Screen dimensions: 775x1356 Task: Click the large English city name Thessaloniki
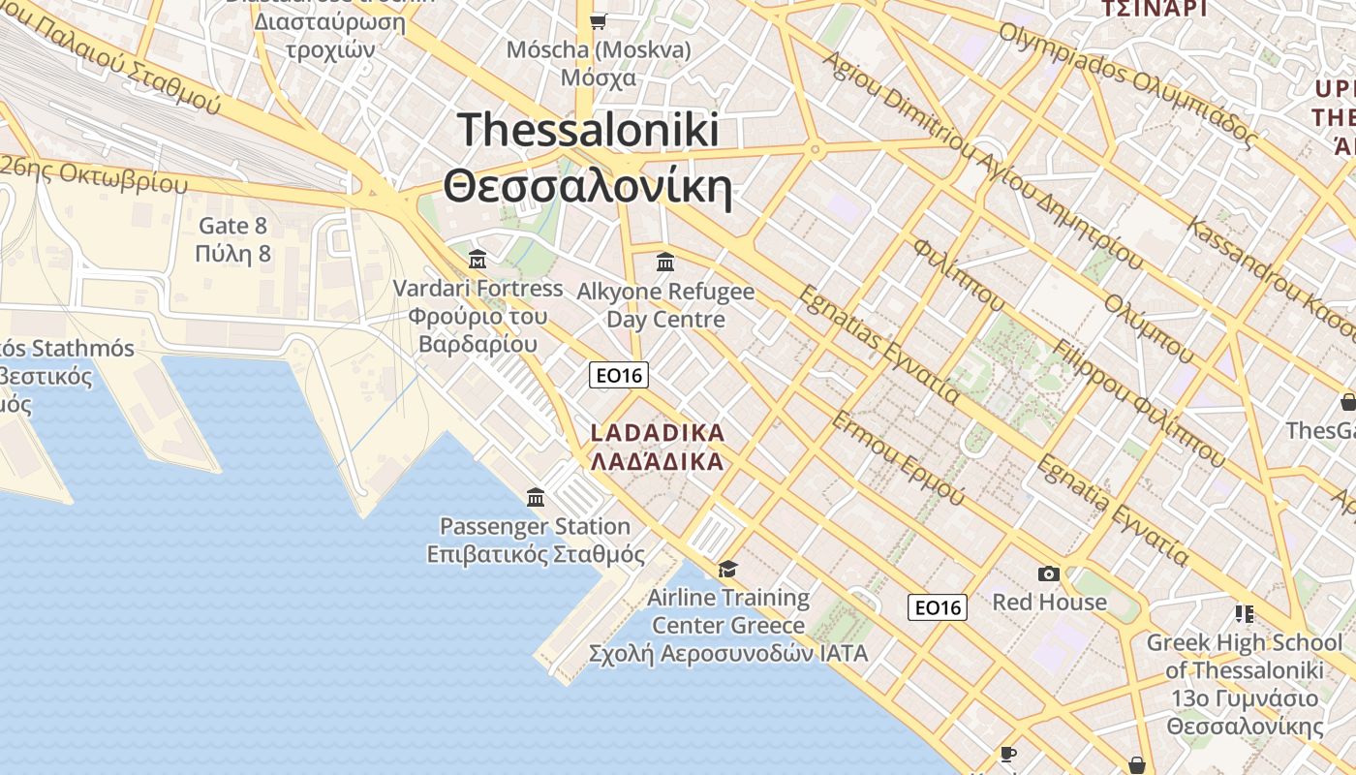click(588, 131)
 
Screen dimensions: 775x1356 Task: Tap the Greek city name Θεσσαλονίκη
click(588, 187)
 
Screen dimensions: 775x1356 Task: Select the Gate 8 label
click(232, 226)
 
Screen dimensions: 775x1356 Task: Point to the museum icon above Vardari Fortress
click(478, 260)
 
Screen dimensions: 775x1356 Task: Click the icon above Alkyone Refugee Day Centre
click(665, 262)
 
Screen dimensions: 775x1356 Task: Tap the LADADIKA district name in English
click(658, 432)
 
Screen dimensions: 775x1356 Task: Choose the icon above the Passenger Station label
click(535, 498)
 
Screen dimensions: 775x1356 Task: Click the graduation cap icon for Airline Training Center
click(727, 569)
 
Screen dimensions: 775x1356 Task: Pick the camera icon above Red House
click(1049, 573)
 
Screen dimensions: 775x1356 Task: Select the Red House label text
click(1049, 603)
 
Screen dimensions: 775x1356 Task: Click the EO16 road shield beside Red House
click(938, 607)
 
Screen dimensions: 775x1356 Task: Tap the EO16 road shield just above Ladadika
click(619, 375)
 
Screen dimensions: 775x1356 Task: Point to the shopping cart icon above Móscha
click(599, 20)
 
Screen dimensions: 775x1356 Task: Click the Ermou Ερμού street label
click(898, 457)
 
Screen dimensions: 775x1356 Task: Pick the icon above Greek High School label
click(1245, 613)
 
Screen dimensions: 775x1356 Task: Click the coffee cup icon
click(1008, 754)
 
